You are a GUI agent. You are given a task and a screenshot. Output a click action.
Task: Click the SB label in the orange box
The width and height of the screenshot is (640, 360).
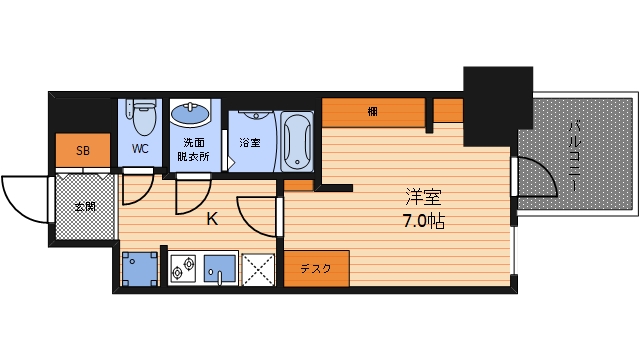point(82,151)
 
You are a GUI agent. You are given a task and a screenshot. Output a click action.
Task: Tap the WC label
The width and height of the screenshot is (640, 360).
point(140,150)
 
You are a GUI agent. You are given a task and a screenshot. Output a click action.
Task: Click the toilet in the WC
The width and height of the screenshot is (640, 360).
point(141,118)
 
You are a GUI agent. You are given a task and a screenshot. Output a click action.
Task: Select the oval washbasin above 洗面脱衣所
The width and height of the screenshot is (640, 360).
point(188,114)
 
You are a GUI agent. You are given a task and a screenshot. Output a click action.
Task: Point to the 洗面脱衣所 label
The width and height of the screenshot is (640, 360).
point(193,150)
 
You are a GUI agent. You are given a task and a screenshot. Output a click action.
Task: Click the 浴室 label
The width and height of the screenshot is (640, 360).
point(249,142)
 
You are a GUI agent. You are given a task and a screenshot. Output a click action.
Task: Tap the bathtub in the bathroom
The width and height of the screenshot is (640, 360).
point(297,141)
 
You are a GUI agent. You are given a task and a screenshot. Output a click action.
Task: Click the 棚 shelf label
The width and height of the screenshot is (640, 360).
point(371,111)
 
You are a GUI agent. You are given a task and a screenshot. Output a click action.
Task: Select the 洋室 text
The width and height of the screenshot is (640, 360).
point(424,198)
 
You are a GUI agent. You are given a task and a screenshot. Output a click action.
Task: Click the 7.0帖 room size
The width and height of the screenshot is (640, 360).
point(424,221)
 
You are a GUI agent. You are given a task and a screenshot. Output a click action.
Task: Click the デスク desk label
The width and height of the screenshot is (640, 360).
point(316,268)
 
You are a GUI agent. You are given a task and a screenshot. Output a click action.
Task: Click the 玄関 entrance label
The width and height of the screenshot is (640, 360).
point(84,208)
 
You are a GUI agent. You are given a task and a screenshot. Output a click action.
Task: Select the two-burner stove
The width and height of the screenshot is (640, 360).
point(183,267)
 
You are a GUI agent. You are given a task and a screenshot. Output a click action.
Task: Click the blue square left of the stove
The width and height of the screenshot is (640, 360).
point(139,267)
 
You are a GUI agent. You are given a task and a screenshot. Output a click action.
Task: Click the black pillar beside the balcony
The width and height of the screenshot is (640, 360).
point(495,104)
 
